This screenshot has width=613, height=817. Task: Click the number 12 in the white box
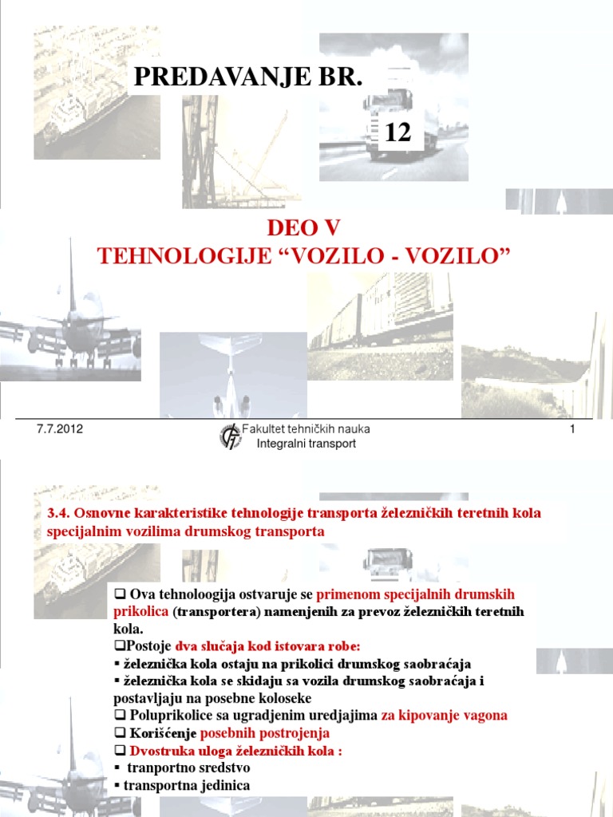[397, 132]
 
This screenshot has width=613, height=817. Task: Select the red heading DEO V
[303, 229]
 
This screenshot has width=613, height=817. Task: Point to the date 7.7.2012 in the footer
[60, 429]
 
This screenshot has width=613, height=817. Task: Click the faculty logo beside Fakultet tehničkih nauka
[231, 436]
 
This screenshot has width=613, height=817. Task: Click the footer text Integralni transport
[306, 444]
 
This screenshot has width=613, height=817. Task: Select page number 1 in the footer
[572, 430]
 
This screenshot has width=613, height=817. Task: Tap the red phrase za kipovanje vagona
[444, 716]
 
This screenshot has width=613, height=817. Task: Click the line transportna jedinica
[187, 785]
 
